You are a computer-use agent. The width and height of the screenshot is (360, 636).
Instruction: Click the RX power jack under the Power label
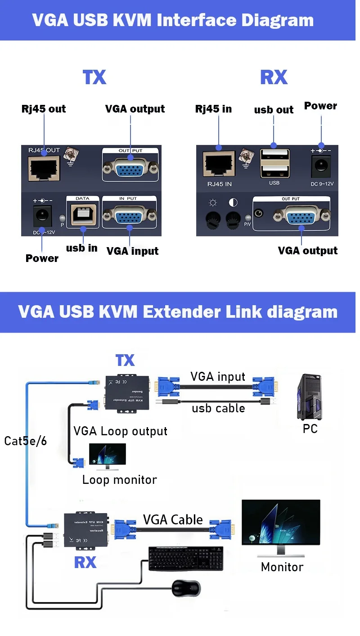point(321,166)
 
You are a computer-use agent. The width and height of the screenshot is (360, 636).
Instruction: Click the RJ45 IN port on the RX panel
point(218,165)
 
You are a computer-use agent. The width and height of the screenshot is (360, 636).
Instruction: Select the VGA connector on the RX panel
point(301,217)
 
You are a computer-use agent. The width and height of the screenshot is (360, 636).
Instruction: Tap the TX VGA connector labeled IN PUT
point(130,218)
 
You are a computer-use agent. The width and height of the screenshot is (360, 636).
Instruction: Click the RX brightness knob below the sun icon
point(213,219)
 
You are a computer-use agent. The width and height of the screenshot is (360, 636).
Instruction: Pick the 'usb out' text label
point(274,110)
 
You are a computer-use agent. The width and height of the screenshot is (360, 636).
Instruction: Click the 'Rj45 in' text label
point(213,109)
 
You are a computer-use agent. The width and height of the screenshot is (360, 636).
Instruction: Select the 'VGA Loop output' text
point(120,431)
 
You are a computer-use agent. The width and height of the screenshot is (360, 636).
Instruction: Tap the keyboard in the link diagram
point(185,558)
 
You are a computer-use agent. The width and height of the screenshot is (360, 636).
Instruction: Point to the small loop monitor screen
point(108,455)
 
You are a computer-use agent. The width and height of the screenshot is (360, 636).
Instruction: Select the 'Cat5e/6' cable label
point(26,441)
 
